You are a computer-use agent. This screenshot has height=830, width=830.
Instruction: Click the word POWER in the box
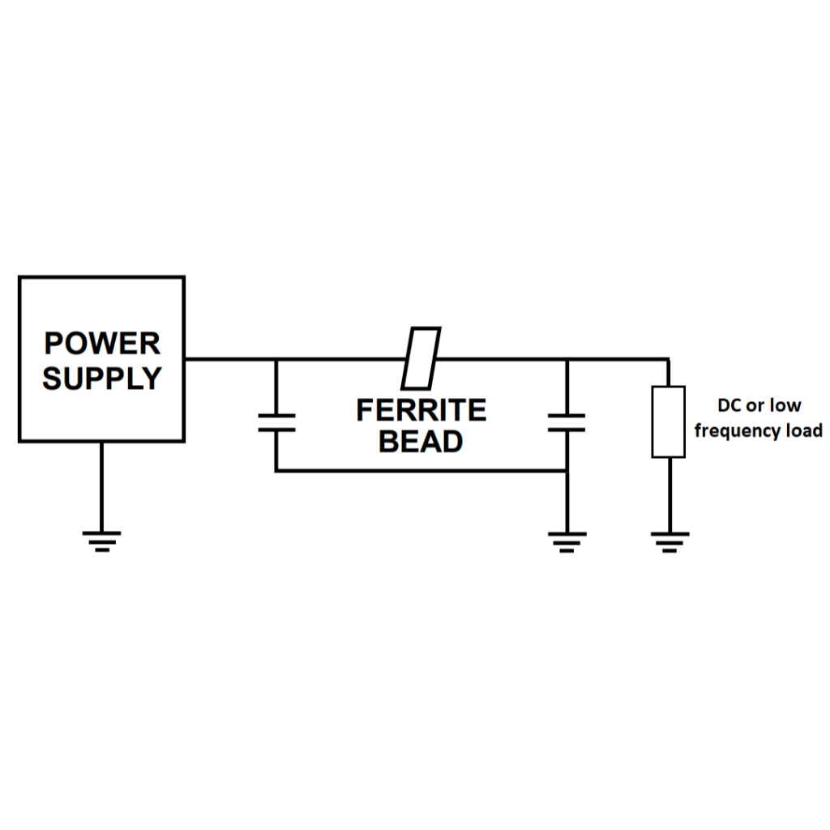coord(102,343)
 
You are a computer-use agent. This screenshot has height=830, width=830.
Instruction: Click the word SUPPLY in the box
coord(102,379)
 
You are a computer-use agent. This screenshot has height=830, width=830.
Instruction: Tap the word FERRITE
coord(421,410)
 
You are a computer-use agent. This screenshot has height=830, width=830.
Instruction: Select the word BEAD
coord(421,442)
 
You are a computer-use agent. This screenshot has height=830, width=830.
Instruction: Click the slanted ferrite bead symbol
coord(421,358)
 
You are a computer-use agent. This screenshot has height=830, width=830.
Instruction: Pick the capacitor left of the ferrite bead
coord(276,422)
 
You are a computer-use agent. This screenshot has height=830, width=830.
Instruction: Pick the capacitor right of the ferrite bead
coord(567,422)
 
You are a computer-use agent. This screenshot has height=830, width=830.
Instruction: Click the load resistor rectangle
coord(669,421)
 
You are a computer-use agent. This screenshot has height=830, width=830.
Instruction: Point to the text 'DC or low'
coord(759,405)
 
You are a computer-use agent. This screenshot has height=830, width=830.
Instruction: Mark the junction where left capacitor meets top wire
coord(276,359)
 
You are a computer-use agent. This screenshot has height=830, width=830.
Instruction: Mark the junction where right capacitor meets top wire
coord(567,359)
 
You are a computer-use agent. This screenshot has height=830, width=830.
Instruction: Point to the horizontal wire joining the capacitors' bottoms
coord(421,470)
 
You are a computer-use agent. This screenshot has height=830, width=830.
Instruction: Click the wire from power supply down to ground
coord(101,486)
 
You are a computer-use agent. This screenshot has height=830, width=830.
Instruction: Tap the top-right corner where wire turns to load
coord(669,359)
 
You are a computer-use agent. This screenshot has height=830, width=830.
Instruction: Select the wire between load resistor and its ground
coord(669,494)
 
